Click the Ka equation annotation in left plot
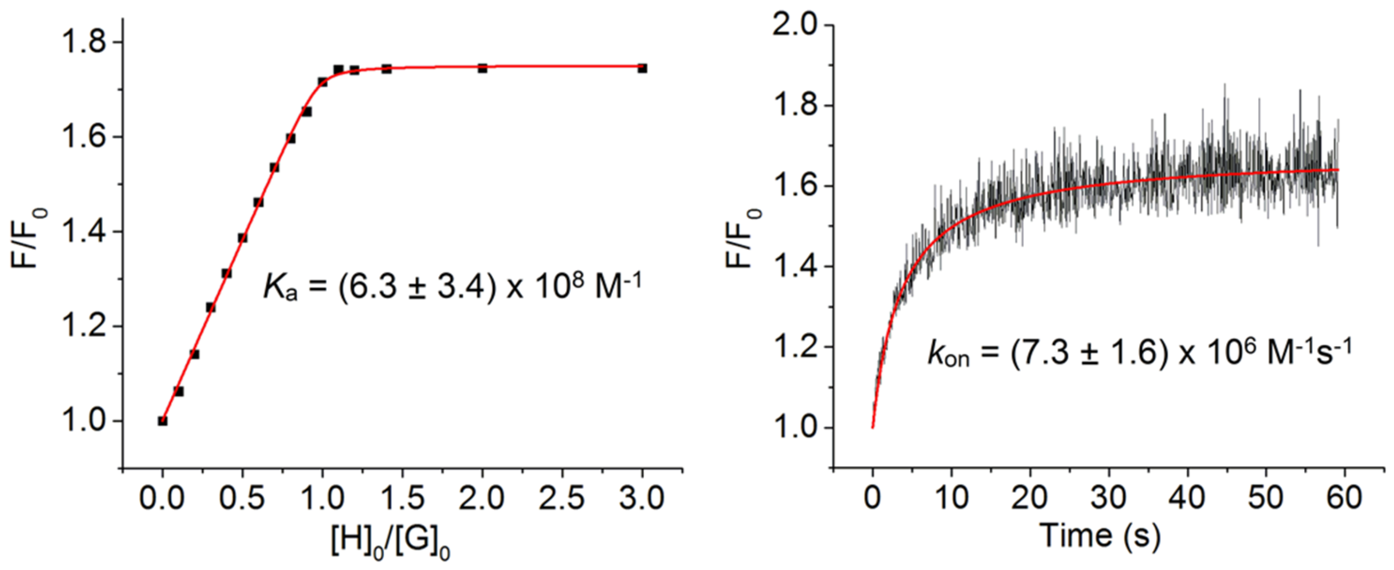click(452, 286)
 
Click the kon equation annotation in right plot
click(1139, 354)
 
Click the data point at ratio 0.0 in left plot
click(163, 420)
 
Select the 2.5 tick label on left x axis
click(562, 498)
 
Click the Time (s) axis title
click(1101, 537)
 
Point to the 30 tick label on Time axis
click(1108, 498)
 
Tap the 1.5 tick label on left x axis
click(401, 498)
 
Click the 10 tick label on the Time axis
click(950, 498)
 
